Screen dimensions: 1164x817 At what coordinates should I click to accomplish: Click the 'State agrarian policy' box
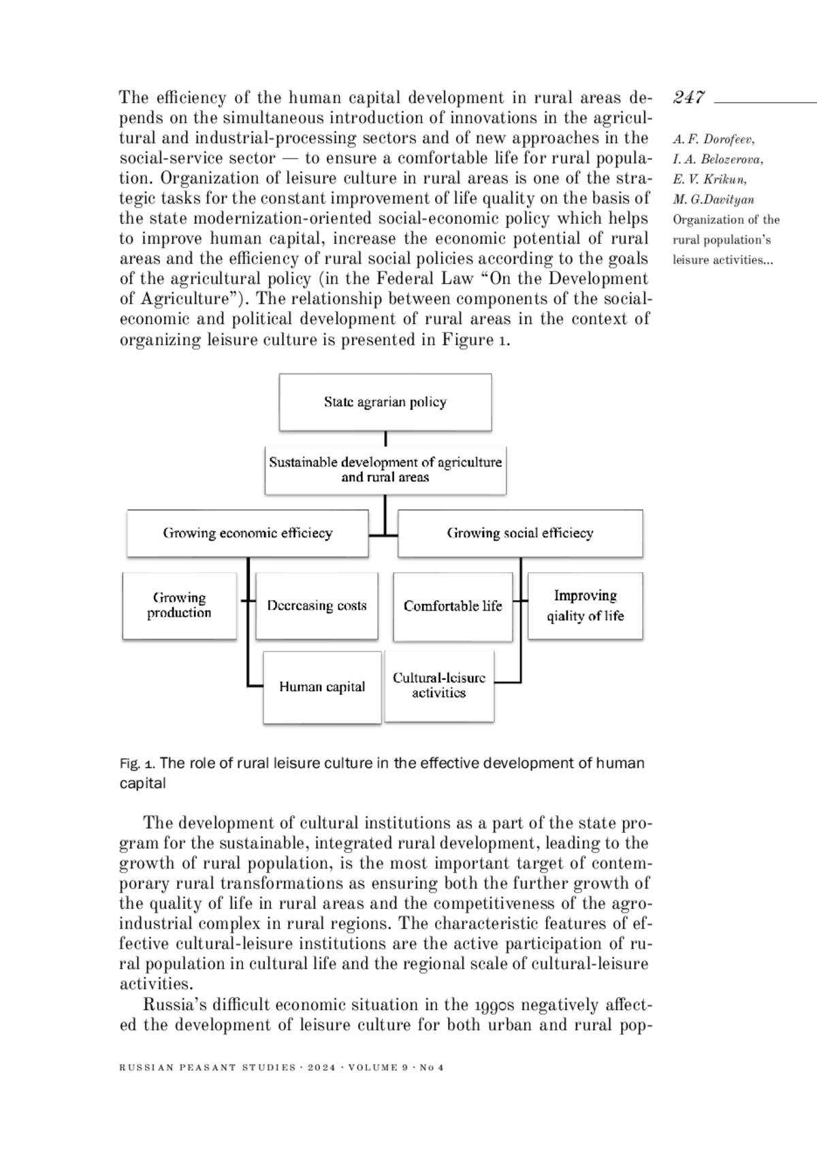pos(385,402)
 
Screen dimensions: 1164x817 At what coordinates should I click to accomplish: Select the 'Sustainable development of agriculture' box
pos(385,470)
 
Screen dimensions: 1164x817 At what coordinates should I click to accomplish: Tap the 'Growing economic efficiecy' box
pos(247,533)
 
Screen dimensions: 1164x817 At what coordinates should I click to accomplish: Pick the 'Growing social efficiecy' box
pos(520,533)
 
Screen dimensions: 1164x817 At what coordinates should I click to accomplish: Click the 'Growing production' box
pos(179,605)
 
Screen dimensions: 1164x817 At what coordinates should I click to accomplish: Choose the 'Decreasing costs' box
pos(317,606)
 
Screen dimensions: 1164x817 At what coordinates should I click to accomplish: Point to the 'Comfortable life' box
pos(453,606)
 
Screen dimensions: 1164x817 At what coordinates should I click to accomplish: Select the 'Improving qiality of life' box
pos(586,606)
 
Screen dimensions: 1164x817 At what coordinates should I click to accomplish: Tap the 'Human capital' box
pos(322,687)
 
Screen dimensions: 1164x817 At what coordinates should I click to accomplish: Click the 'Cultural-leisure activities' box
pos(439,685)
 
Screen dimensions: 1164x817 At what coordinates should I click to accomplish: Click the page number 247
pos(689,98)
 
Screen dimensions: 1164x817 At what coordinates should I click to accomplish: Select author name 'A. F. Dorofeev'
pos(714,140)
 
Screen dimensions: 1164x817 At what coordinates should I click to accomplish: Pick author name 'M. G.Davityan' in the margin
pos(714,200)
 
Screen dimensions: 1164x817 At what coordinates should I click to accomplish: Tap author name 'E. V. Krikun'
pos(709,180)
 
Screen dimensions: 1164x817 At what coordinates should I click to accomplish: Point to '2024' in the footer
pos(322,1067)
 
